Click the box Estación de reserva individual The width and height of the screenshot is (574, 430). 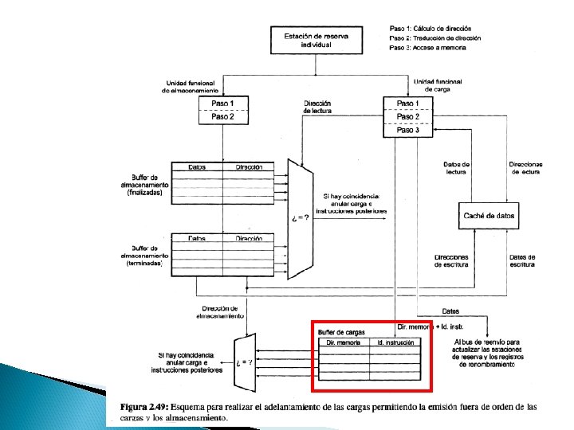click(x=315, y=41)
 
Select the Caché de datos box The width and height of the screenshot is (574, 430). click(x=489, y=215)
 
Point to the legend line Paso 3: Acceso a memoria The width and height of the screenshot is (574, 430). click(x=427, y=48)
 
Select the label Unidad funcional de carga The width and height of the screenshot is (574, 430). click(x=437, y=86)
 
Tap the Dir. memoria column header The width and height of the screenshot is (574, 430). click(x=344, y=342)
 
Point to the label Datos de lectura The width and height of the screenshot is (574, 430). click(x=457, y=169)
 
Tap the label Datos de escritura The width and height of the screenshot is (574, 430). click(x=522, y=260)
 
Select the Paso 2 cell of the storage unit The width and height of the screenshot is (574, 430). click(x=222, y=116)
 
